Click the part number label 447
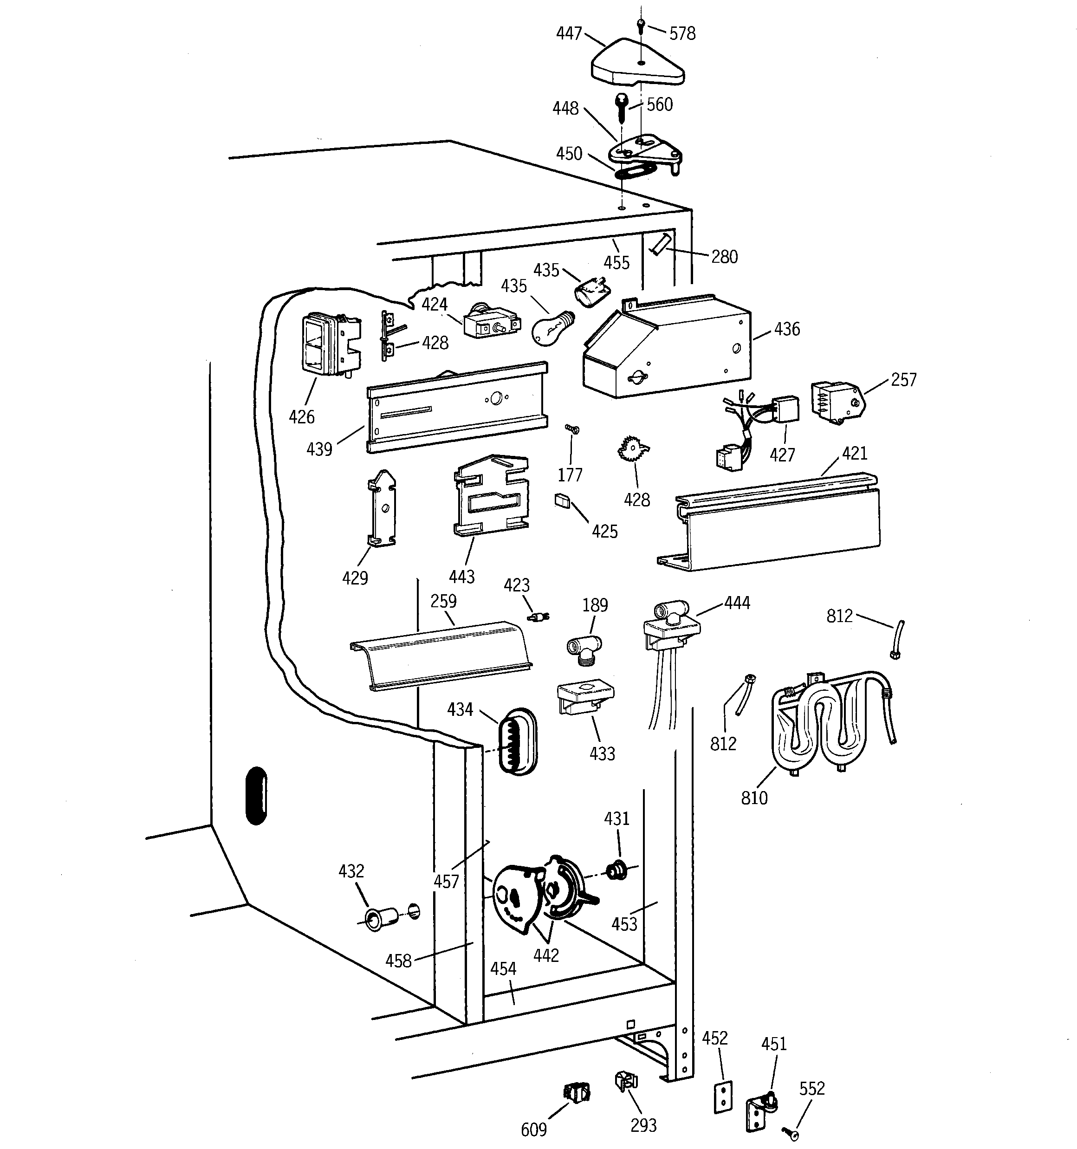(569, 34)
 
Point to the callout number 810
(754, 798)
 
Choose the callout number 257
(903, 380)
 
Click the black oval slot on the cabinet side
(256, 795)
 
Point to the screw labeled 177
(572, 429)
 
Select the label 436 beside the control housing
(787, 330)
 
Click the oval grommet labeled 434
(518, 741)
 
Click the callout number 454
(503, 969)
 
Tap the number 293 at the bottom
(643, 1125)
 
